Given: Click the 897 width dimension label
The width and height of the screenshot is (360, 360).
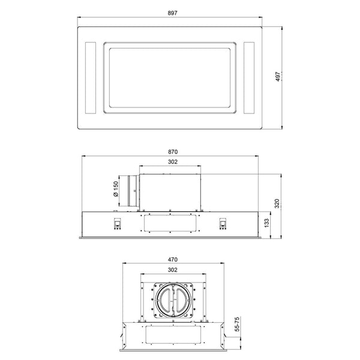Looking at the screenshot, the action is (x=172, y=13).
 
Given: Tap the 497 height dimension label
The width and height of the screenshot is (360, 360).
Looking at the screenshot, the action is (x=278, y=76).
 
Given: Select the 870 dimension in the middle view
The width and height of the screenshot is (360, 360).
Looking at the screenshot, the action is (x=173, y=152).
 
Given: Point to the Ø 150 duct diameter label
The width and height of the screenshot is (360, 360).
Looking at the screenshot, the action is (x=116, y=189).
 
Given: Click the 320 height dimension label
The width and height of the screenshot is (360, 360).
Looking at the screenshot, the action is (x=277, y=203).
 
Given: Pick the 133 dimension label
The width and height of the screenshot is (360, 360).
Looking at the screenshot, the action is (x=266, y=223).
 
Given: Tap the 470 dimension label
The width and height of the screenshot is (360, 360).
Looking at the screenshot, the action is (x=173, y=260).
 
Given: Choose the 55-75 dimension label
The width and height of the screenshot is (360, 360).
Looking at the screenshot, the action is (x=237, y=324).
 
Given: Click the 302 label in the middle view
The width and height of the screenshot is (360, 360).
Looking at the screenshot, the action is (x=173, y=162).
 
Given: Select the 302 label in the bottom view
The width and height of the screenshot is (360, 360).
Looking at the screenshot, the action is (x=173, y=270).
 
